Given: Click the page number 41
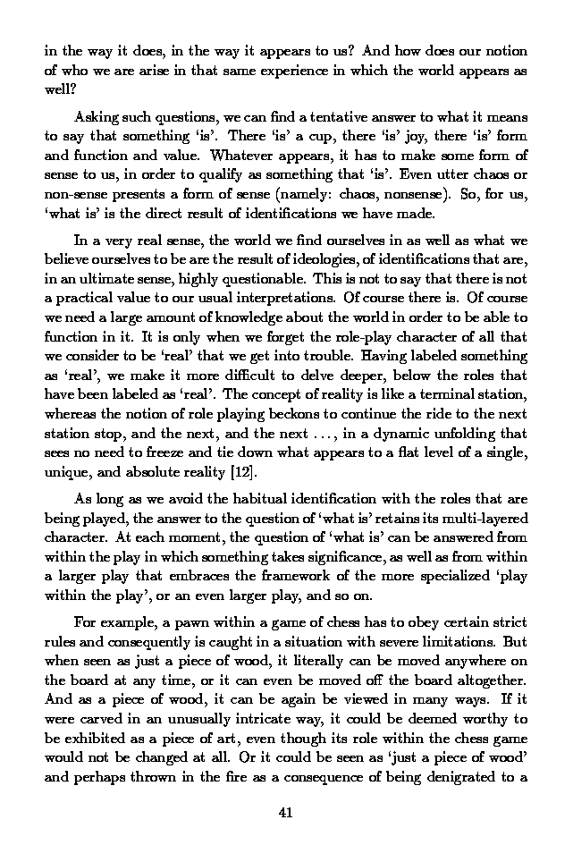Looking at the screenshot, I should coord(286,812).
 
